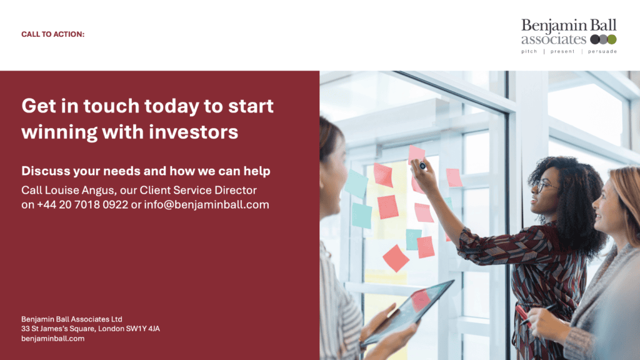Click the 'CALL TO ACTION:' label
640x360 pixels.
52,34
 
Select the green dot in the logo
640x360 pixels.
612,39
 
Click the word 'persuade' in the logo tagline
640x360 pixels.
602,52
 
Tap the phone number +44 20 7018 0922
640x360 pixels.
82,204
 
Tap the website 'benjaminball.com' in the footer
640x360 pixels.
52,339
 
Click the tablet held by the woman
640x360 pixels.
409,312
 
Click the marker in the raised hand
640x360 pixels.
423,166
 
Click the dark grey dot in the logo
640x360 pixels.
594,39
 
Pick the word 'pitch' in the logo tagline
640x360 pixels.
529,52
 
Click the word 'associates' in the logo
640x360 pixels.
554,39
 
